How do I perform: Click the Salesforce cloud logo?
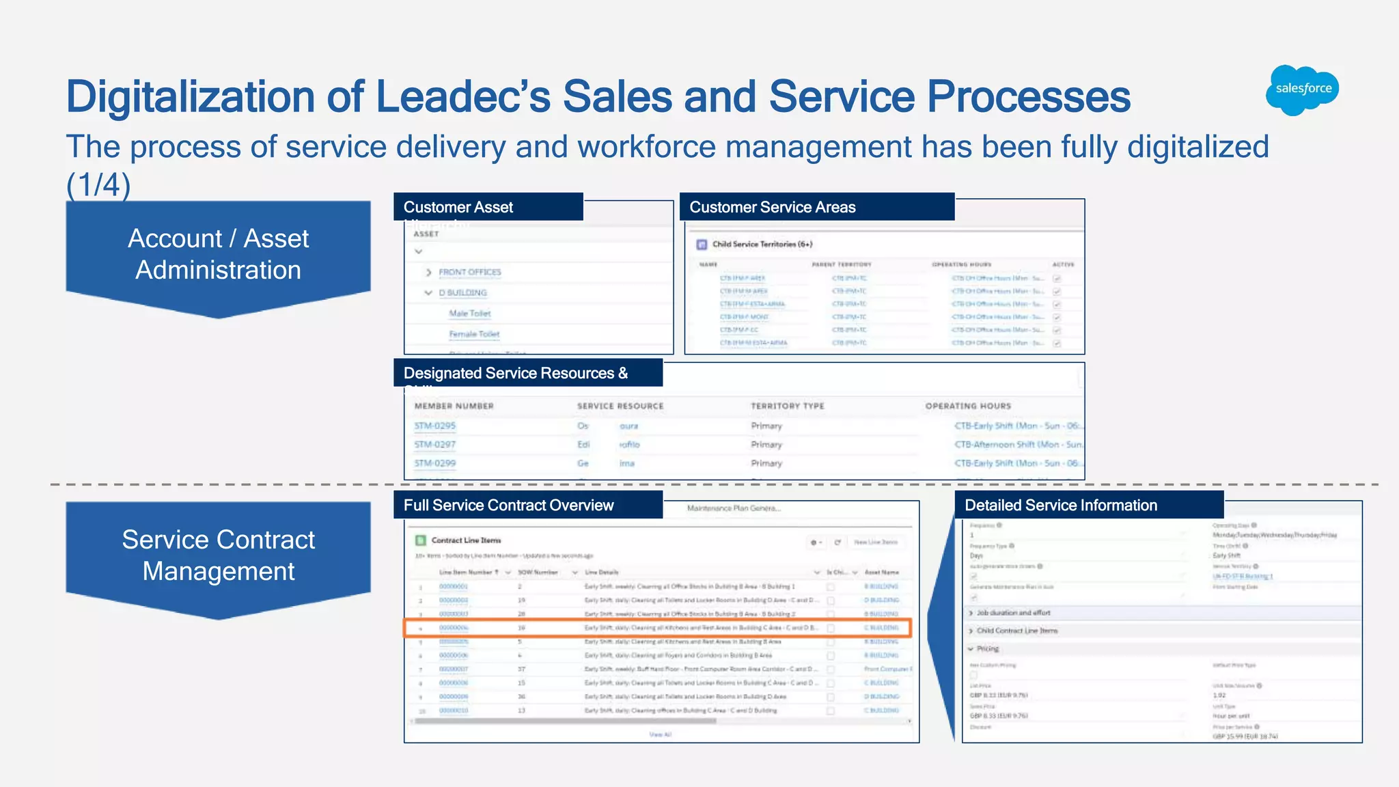pyautogui.click(x=1302, y=89)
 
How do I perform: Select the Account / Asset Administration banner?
pyautogui.click(x=218, y=254)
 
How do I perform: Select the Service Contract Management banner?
pyautogui.click(x=218, y=555)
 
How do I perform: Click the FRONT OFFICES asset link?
pyautogui.click(x=469, y=272)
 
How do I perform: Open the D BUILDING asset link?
pyautogui.click(x=462, y=292)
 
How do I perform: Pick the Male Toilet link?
pyautogui.click(x=469, y=314)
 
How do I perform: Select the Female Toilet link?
pyautogui.click(x=474, y=334)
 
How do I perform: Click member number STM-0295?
pyautogui.click(x=434, y=426)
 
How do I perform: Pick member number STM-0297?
pyautogui.click(x=434, y=444)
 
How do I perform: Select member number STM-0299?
pyautogui.click(x=434, y=463)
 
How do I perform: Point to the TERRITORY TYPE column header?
pyautogui.click(x=787, y=406)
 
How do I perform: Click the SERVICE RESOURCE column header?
pyautogui.click(x=620, y=406)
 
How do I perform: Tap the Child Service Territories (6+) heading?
pyautogui.click(x=762, y=244)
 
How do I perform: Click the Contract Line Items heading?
pyautogui.click(x=466, y=540)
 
